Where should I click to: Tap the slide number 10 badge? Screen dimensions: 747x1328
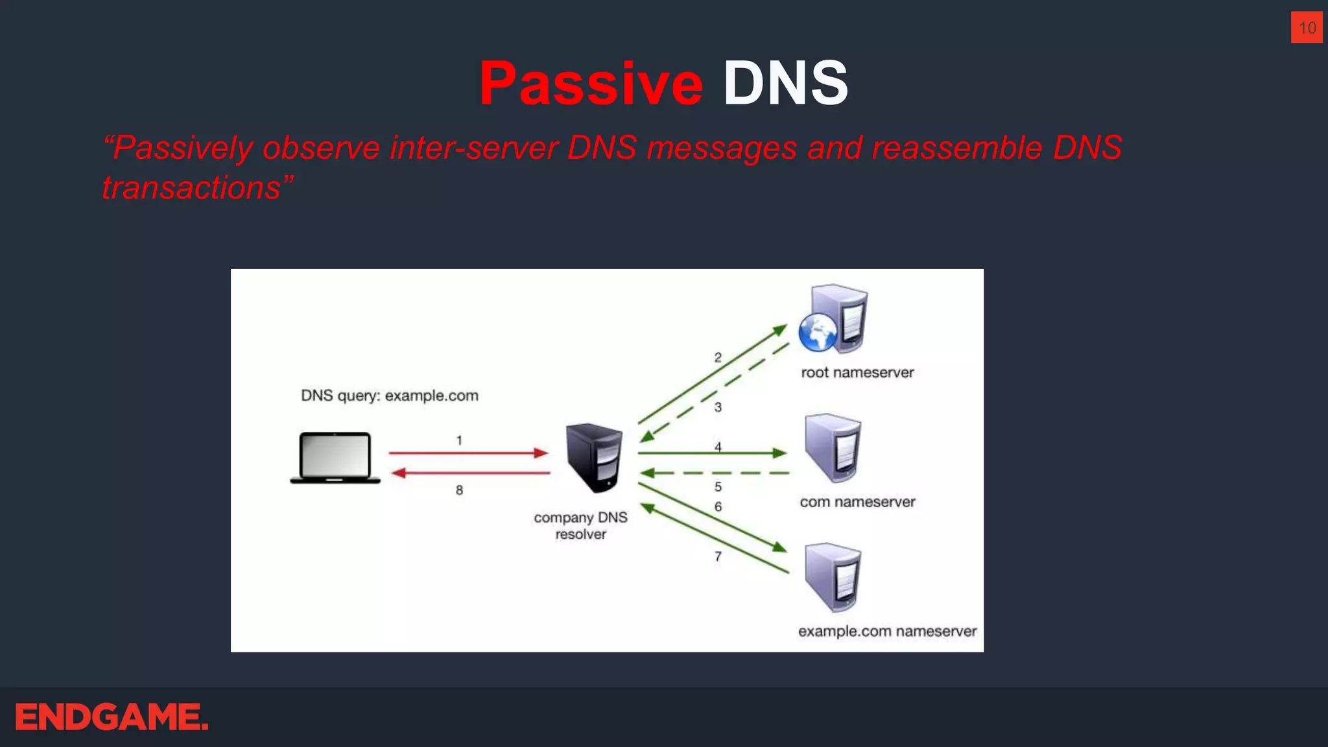coord(1307,27)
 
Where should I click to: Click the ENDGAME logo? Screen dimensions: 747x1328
coord(112,717)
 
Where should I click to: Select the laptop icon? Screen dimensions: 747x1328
coord(335,457)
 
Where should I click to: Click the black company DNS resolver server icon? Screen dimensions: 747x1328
coord(594,457)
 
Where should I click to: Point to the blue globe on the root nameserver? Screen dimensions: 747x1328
coord(817,331)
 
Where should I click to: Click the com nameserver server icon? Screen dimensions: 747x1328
coord(833,447)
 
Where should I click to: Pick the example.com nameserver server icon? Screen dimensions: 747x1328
coord(833,577)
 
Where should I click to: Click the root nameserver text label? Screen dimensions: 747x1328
coord(857,373)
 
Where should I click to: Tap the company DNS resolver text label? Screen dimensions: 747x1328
coord(580,526)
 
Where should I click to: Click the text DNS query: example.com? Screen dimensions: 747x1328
coord(390,396)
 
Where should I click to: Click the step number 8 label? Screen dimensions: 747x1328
coord(459,490)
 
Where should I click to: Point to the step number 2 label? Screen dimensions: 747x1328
coord(718,357)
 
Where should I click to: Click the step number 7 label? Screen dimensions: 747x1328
coord(718,556)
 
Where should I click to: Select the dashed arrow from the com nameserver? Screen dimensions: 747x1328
coord(713,473)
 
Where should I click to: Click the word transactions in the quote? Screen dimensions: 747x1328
coord(192,188)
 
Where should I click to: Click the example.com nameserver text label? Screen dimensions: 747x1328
coord(887,632)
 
